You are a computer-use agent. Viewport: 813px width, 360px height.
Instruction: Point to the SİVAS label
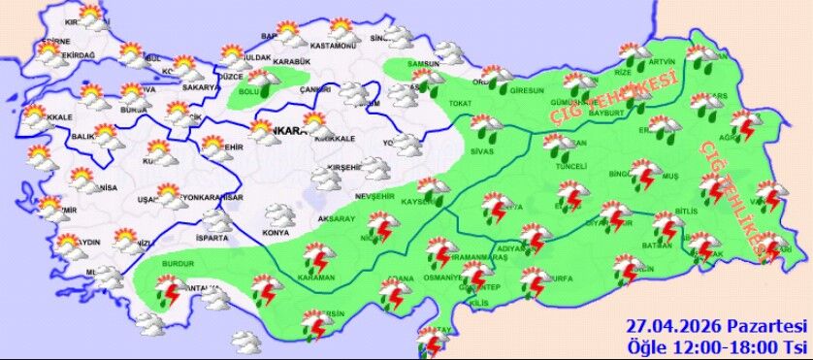click(482, 151)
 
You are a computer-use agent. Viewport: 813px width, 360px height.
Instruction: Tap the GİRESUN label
click(528, 91)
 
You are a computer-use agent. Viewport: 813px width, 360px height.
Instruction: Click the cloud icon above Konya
click(280, 214)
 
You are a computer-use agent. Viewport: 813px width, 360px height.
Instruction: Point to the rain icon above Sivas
click(483, 127)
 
